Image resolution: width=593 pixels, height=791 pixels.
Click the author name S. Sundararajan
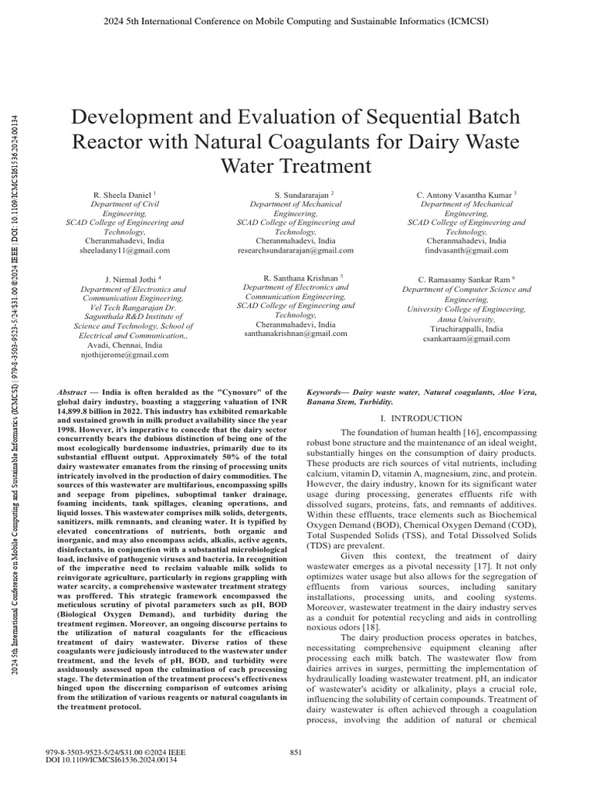tap(293, 194)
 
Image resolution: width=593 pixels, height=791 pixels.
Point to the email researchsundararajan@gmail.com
tap(296, 250)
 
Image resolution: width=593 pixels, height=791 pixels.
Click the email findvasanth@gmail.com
tap(466, 250)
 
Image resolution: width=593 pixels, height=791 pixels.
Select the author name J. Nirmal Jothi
tap(131, 277)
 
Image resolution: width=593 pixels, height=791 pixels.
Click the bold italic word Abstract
tap(72, 393)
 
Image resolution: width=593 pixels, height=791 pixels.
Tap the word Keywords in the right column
tap(327, 393)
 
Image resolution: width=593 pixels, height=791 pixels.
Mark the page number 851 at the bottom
tap(294, 753)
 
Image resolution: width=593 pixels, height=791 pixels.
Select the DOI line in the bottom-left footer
tap(113, 761)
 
